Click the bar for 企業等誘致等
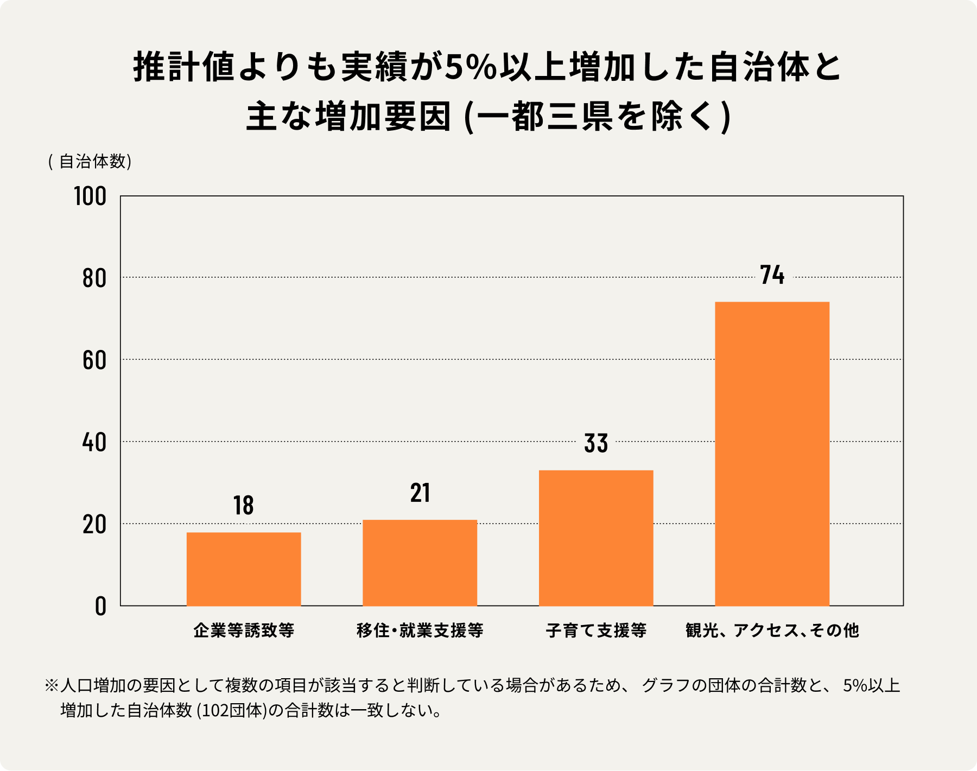pyautogui.click(x=244, y=569)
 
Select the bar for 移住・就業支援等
pyautogui.click(x=420, y=563)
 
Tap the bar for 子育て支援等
pyautogui.click(x=596, y=538)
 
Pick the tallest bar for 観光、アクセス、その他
pyautogui.click(x=772, y=454)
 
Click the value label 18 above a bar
pyautogui.click(x=244, y=506)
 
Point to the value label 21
pyautogui.click(x=420, y=493)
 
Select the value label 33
pyautogui.click(x=596, y=443)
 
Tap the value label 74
pyautogui.click(x=772, y=275)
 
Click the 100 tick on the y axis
pyautogui.click(x=90, y=196)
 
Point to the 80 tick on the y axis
pyautogui.click(x=94, y=278)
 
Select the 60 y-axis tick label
pyautogui.click(x=94, y=360)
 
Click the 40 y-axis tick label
pyautogui.click(x=94, y=442)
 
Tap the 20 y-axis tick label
pyautogui.click(x=94, y=525)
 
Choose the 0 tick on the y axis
pyautogui.click(x=100, y=606)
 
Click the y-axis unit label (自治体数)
pyautogui.click(x=90, y=162)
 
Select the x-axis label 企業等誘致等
pyautogui.click(x=244, y=630)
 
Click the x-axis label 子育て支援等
pyautogui.click(x=596, y=630)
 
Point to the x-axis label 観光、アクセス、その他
pyautogui.click(x=772, y=630)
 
